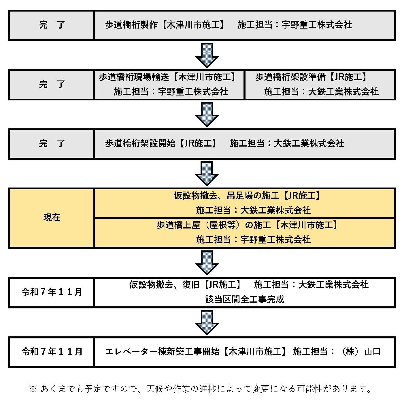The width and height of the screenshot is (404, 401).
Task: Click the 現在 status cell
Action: pos(52,218)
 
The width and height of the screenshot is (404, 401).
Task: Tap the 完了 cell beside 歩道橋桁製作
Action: pos(52,25)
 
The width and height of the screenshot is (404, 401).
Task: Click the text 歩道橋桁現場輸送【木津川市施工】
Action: pos(168,77)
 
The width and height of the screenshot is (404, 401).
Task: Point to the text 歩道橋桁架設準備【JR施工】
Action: pos(312,77)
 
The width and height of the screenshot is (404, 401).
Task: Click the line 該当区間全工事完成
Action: pos(245,299)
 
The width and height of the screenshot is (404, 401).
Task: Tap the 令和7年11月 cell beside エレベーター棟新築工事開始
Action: pos(52,352)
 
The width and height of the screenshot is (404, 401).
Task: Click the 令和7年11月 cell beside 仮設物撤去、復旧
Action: pos(52,292)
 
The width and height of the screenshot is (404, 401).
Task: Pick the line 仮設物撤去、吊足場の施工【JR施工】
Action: pos(248,196)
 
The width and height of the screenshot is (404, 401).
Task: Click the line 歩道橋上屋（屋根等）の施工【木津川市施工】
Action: pos(248,225)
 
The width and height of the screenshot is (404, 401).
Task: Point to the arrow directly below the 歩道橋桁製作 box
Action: pos(207,55)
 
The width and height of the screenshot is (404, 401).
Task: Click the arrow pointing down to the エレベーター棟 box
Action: pos(207,322)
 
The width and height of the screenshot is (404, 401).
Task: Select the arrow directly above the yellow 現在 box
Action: pos(207,173)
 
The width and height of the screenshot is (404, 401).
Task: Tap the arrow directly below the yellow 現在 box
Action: pos(207,262)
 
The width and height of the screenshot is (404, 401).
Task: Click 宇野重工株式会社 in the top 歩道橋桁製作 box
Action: pos(317,25)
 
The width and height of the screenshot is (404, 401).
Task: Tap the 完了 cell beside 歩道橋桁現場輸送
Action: pos(52,85)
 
